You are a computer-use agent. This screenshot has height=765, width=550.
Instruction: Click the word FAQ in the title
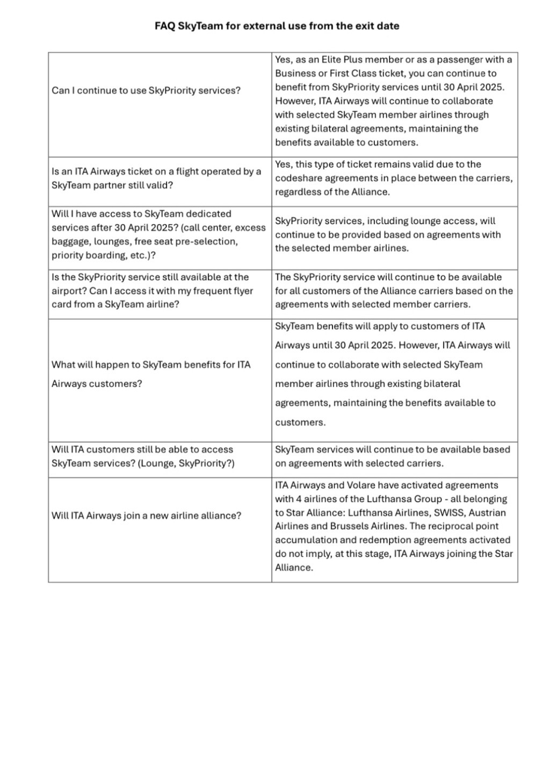(x=165, y=26)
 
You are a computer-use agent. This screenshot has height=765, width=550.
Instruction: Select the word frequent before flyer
(x=209, y=291)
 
